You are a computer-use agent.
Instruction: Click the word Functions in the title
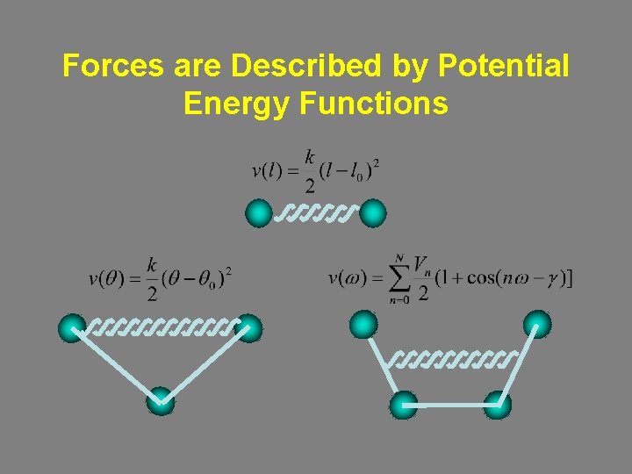[x=374, y=104]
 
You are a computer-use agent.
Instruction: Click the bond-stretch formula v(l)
[x=315, y=170]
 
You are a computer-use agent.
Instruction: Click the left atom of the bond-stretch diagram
[x=259, y=212]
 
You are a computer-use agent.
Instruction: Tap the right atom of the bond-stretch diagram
[x=373, y=212]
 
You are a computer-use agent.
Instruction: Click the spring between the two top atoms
[x=315, y=213]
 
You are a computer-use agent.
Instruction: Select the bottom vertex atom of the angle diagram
[x=161, y=401]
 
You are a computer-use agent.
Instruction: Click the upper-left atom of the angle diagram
[x=72, y=328]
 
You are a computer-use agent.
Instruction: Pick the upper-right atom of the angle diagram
[x=248, y=328]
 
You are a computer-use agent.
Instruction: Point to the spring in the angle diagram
[x=162, y=328]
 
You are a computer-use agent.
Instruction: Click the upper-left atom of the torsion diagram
[x=363, y=326]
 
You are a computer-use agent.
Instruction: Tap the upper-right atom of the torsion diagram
[x=537, y=326]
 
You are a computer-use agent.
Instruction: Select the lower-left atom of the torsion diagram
[x=403, y=405]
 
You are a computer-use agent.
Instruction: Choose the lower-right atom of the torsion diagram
[x=497, y=405]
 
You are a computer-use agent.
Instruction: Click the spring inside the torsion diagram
[x=450, y=359]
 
